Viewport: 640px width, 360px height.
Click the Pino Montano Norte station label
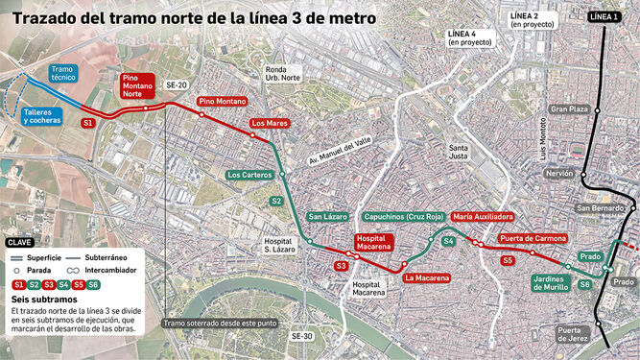coord(140,87)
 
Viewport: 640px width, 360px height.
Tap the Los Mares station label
coord(270,124)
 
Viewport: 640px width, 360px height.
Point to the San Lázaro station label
coord(328,217)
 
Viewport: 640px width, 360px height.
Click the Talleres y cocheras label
coord(42,116)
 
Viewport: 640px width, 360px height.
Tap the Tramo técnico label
coord(63,75)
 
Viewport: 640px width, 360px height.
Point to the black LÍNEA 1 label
coord(603,16)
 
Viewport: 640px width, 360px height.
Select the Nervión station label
coord(557,174)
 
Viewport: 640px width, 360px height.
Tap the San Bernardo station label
coord(600,208)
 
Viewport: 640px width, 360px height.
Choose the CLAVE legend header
coord(21,243)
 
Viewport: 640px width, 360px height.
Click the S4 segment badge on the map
coord(448,242)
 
